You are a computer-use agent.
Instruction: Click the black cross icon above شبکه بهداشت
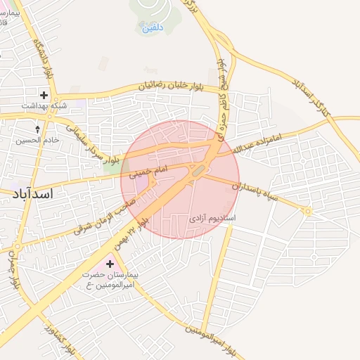click(44, 94)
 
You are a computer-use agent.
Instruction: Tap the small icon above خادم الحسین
click(38, 129)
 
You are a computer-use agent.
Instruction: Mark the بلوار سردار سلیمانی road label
click(94, 143)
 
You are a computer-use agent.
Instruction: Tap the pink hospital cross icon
click(109, 264)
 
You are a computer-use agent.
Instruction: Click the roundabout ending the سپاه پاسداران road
click(307, 211)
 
